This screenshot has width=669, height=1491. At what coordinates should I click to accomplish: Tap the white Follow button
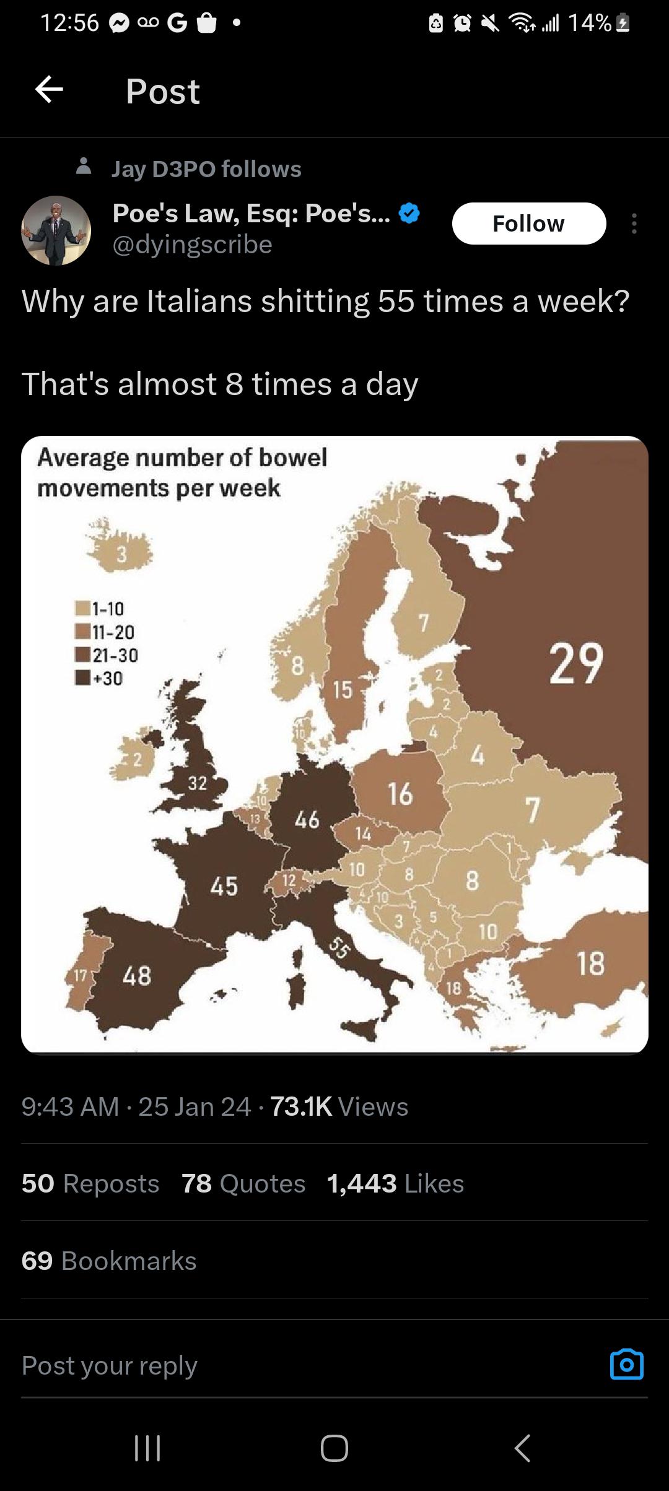coord(528,224)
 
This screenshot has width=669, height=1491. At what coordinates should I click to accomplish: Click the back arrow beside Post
coord(49,90)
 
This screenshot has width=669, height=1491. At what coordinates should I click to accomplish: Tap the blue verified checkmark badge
coord(409,214)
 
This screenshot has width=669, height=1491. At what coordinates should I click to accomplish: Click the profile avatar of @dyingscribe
coord(56,230)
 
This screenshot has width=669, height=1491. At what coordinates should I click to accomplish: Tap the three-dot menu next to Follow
coord(634,224)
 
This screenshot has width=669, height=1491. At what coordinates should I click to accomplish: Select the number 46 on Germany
coord(307,820)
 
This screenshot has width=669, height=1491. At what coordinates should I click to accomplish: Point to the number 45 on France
coord(224,885)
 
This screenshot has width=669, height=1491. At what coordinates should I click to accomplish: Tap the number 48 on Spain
coord(137,975)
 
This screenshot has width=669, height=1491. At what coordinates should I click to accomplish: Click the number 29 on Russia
coord(576,664)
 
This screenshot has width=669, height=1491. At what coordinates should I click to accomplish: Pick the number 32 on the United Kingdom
coord(197,783)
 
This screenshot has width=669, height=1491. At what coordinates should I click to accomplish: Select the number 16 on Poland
coord(400,794)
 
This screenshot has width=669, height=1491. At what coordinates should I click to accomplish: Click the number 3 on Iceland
coord(122,554)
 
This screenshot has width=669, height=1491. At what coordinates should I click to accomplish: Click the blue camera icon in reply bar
coord(626,1365)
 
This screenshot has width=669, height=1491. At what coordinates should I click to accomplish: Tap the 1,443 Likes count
coord(395,1183)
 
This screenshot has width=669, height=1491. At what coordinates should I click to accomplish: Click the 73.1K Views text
coord(339,1106)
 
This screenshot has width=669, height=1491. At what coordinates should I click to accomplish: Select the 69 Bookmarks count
coord(108,1261)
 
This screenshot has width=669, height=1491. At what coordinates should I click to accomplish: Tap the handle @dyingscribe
coord(193,245)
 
